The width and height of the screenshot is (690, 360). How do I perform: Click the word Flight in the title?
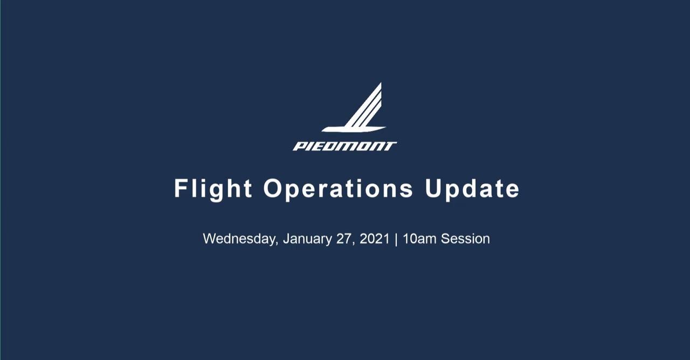(x=213, y=189)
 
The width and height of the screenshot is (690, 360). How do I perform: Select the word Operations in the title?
(x=338, y=189)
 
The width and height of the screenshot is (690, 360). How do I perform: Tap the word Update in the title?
(x=472, y=189)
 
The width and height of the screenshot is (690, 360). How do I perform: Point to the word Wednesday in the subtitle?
(x=240, y=239)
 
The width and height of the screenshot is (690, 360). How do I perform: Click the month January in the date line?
(x=307, y=239)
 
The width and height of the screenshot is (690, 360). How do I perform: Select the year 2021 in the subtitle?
(x=375, y=239)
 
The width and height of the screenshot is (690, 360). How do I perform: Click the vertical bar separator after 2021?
(x=396, y=239)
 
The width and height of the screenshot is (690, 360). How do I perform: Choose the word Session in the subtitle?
(x=465, y=239)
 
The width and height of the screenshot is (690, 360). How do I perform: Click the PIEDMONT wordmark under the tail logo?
(x=344, y=146)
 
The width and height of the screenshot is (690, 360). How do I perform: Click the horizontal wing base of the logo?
(x=354, y=129)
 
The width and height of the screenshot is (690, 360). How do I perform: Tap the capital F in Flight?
(x=181, y=188)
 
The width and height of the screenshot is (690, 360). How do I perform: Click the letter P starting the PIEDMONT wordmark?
(x=299, y=146)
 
